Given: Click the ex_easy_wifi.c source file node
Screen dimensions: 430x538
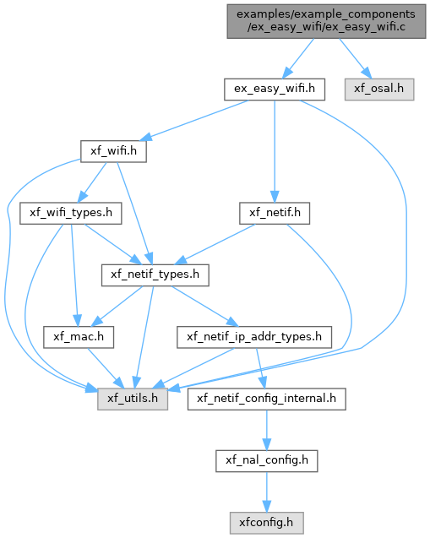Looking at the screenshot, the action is point(326,21).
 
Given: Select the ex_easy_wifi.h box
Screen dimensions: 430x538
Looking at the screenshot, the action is point(275,90).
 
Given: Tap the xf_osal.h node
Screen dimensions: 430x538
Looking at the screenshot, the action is point(379,90).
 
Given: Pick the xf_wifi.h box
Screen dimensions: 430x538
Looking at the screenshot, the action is point(113,151).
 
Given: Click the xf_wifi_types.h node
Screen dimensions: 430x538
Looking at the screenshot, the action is point(71,213).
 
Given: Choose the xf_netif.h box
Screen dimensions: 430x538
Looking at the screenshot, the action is point(275,213).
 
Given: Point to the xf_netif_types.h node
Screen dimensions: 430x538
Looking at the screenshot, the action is point(155,275).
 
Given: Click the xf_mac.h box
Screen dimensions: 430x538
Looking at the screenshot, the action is point(79,337).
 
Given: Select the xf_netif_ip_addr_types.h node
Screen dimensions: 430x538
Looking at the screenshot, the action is point(254,337).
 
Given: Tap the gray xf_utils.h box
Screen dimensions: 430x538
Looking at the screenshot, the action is point(133,399).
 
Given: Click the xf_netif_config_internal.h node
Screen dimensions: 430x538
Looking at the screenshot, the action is point(267,399).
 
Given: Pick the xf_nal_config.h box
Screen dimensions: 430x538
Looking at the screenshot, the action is point(267,461).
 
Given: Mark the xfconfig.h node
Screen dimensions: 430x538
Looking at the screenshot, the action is point(267,523).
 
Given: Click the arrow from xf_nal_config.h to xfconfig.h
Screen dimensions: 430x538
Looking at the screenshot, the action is point(267,492).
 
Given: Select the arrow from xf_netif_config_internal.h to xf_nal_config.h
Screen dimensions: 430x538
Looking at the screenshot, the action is point(267,430).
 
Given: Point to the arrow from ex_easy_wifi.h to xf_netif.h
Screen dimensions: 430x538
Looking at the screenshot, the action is point(275,151).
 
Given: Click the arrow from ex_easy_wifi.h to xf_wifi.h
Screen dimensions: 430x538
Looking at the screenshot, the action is point(194,120).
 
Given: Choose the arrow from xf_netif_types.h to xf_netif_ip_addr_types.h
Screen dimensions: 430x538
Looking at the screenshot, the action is point(204,306).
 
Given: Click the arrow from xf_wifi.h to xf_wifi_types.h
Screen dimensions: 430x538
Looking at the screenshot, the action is point(92,182).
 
